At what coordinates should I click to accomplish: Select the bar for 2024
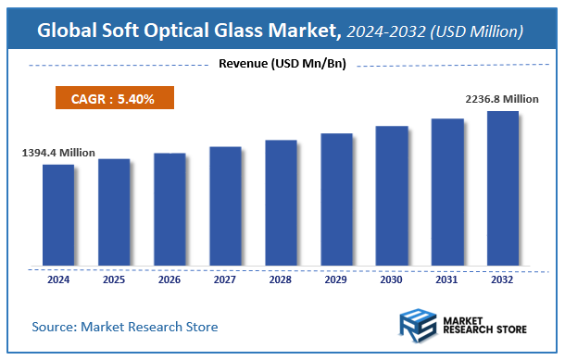click(58, 216)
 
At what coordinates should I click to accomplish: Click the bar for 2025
click(114, 213)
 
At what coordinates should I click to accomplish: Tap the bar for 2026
click(169, 210)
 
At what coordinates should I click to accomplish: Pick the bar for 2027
click(225, 206)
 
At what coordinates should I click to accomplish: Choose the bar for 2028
click(281, 204)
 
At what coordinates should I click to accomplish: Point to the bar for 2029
click(336, 200)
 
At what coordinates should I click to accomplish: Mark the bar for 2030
click(392, 196)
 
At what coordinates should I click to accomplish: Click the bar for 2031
click(447, 192)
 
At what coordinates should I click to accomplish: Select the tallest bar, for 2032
click(503, 189)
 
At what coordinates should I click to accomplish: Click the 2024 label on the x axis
click(58, 279)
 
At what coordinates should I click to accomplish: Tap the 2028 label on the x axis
click(281, 279)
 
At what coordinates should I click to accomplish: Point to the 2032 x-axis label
click(503, 279)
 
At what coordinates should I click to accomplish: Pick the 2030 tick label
click(392, 279)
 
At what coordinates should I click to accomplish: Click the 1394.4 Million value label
click(58, 152)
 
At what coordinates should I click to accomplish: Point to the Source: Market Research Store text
click(125, 327)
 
